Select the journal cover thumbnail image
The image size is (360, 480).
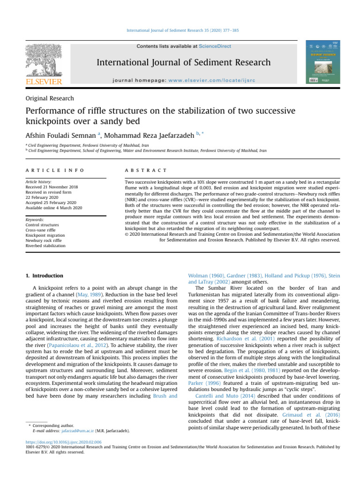323,63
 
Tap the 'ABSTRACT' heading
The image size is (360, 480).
140,169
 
